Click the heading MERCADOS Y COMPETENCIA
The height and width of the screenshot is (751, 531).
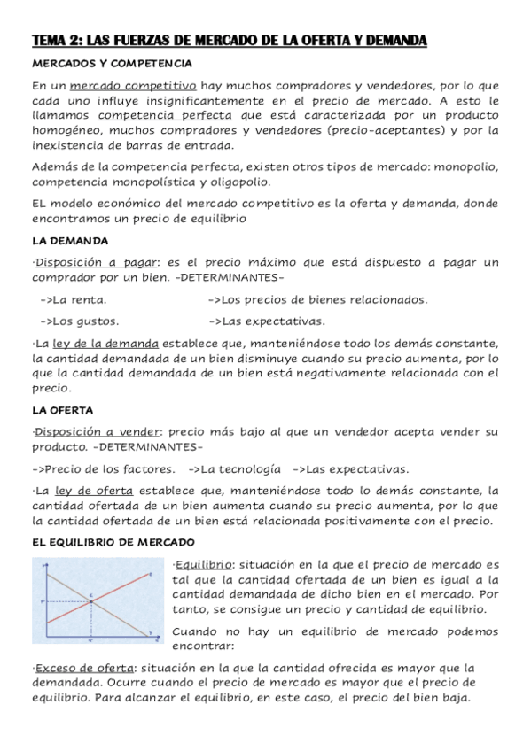coord(112,65)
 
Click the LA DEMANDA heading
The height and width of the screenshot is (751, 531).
coord(70,240)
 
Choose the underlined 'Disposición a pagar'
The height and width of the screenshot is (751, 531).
coord(96,261)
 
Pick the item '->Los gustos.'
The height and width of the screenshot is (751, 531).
coord(80,321)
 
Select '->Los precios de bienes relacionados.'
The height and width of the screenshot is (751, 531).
coord(317,299)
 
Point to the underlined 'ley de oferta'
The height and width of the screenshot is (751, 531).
coord(93,491)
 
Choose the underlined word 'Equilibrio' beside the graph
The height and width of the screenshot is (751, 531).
coord(203,564)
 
